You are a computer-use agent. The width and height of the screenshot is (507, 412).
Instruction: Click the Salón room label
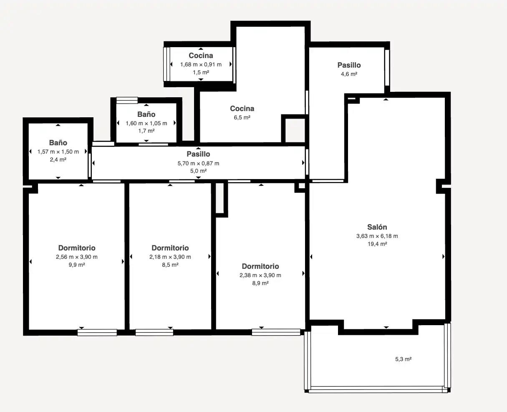pyautogui.click(x=377, y=227)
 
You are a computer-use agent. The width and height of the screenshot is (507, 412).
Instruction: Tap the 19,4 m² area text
pyautogui.click(x=377, y=244)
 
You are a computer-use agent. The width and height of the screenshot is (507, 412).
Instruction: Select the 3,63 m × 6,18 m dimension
pyautogui.click(x=377, y=236)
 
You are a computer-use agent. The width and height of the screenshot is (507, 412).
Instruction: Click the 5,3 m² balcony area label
pyautogui.click(x=403, y=359)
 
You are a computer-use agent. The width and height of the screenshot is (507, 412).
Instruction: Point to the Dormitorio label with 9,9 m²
pyautogui.click(x=77, y=248)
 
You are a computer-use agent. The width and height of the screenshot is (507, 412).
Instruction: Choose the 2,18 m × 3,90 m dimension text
pyautogui.click(x=170, y=257)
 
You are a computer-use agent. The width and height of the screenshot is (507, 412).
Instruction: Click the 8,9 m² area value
pyautogui.click(x=260, y=283)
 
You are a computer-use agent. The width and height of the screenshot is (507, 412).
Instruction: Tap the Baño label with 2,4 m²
pyautogui.click(x=58, y=143)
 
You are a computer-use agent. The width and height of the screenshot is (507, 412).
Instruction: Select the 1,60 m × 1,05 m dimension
pyautogui.click(x=146, y=123)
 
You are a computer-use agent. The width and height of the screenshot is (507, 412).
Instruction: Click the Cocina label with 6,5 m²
pyautogui.click(x=242, y=109)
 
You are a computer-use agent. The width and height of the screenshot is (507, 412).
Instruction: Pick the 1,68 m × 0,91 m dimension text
pyautogui.click(x=201, y=64)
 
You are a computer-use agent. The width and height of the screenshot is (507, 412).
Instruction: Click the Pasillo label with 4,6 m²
pyautogui.click(x=349, y=65)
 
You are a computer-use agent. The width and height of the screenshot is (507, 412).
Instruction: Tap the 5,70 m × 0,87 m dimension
pyautogui.click(x=198, y=163)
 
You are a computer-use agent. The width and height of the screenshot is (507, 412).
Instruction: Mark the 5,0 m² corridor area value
pyautogui.click(x=198, y=171)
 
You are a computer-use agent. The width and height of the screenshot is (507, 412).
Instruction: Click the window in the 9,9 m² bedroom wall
pyautogui.click(x=97, y=333)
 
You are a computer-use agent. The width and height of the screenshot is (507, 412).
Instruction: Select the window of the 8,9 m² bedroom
pyautogui.click(x=276, y=332)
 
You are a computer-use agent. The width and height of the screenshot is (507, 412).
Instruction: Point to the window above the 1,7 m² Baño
pyautogui.click(x=127, y=100)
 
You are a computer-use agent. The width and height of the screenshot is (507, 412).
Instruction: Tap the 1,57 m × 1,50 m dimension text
pyautogui.click(x=58, y=152)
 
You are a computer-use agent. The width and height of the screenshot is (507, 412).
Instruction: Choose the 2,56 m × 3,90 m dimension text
pyautogui.click(x=77, y=257)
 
